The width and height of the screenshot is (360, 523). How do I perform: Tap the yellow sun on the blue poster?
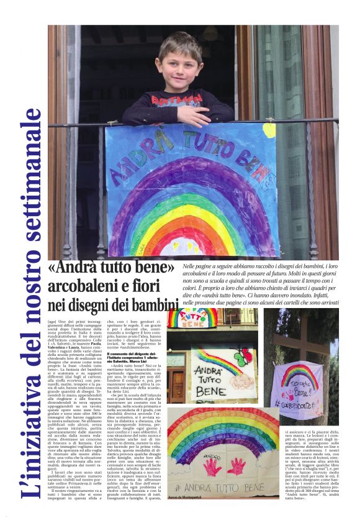click(268, 130)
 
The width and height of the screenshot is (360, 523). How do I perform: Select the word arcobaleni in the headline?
click(81, 286)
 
